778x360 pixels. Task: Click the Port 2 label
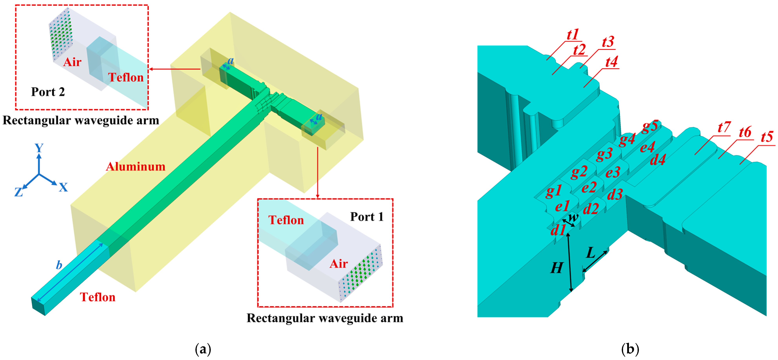pos(48,92)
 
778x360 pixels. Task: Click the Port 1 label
pos(367,217)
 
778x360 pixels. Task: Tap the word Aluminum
pos(136,166)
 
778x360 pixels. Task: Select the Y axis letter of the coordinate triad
pos(39,148)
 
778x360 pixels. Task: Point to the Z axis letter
pos(19,192)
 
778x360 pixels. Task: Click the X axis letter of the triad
pos(63,188)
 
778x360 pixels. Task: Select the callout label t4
pos(611,62)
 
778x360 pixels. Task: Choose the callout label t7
pos(724,127)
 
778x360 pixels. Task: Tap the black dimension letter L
pos(591,252)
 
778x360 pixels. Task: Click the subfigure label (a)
pos(203,349)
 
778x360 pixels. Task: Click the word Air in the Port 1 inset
pos(338,264)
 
